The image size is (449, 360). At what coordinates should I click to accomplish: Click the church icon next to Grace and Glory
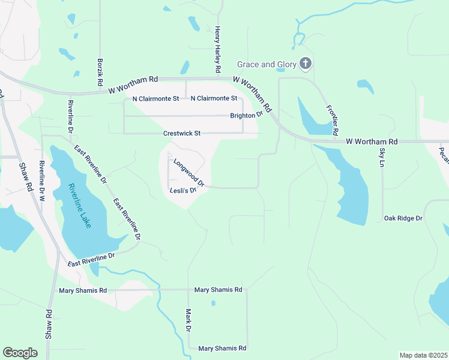click(305, 64)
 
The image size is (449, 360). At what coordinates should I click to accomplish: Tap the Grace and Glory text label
click(267, 64)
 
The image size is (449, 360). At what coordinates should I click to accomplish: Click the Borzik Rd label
click(100, 71)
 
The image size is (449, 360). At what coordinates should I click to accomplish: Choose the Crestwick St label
click(181, 133)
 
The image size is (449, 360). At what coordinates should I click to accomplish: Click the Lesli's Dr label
click(184, 190)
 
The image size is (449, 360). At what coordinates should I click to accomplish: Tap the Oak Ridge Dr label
click(403, 218)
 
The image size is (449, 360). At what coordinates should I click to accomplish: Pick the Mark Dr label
click(188, 320)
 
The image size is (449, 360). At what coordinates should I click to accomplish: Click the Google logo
click(20, 353)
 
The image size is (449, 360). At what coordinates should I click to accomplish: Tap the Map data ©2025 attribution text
click(423, 355)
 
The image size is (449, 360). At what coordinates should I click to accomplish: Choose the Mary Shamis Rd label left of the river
click(83, 290)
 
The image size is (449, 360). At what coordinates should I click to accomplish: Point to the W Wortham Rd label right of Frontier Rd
click(372, 142)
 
